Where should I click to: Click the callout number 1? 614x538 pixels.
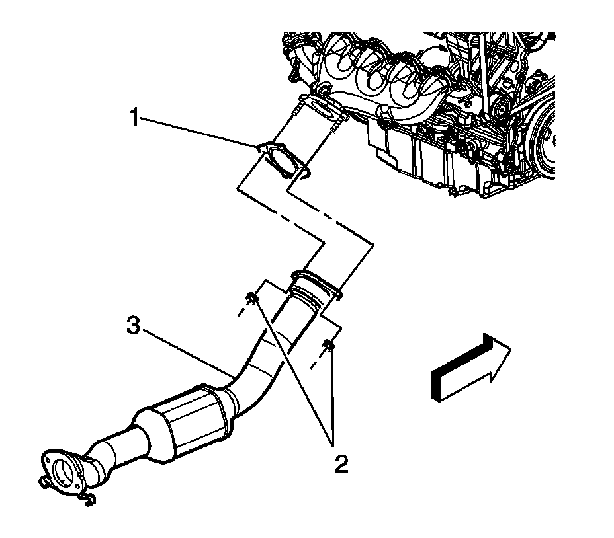tap(134, 120)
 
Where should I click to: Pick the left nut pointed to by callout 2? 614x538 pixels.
tap(252, 299)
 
